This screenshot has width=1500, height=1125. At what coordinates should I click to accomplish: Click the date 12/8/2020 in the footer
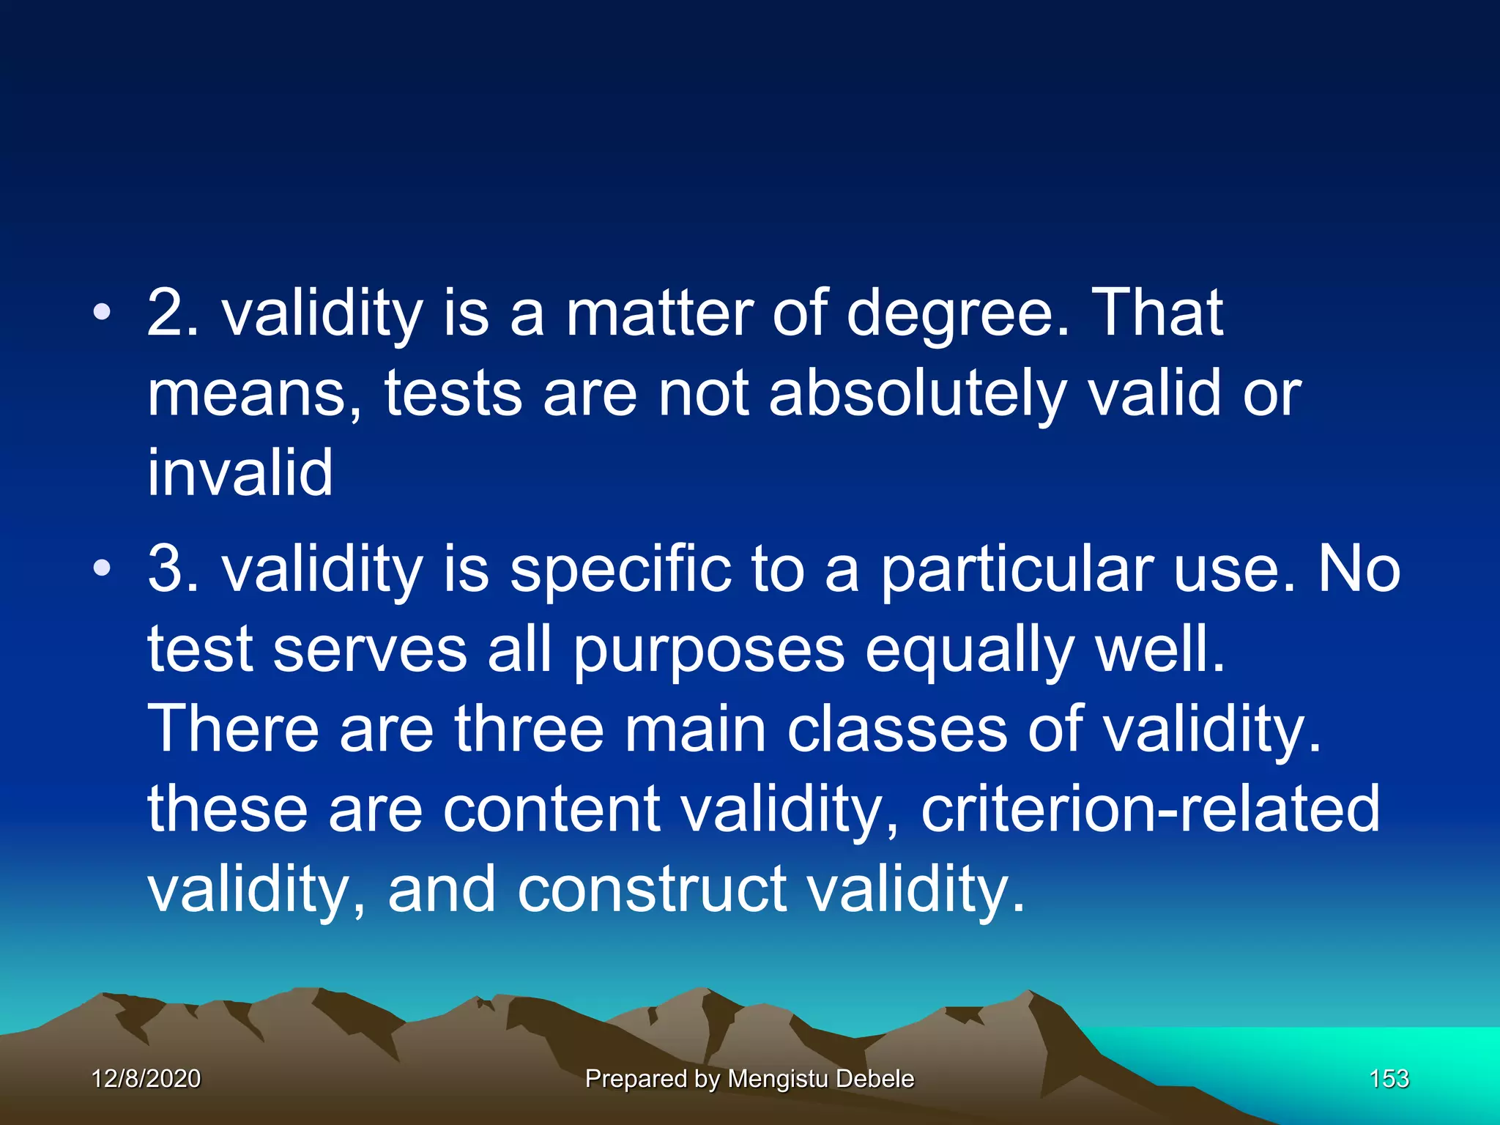(x=146, y=1078)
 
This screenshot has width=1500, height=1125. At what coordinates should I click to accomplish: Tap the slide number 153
(x=1389, y=1078)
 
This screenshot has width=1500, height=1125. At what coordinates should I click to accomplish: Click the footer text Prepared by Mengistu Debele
(x=749, y=1078)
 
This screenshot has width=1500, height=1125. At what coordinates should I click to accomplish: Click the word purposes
(x=709, y=650)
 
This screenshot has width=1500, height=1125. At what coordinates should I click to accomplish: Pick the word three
(x=529, y=729)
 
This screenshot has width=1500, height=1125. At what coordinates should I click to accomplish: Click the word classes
(x=897, y=729)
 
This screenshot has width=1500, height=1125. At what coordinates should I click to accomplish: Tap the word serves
(x=370, y=650)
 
